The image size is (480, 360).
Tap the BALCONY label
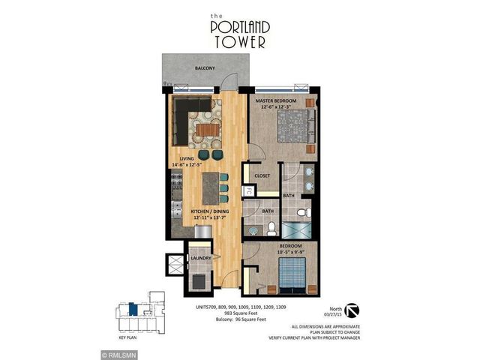(x=205, y=68)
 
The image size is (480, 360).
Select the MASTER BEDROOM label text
(x=275, y=100)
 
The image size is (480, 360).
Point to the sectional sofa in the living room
(x=184, y=120)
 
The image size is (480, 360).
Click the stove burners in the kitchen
(x=178, y=181)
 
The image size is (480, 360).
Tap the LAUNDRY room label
(x=200, y=259)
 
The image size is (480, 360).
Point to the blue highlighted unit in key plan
(x=131, y=307)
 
